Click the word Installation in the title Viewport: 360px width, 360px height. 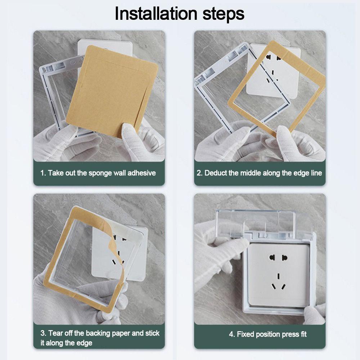click(156, 14)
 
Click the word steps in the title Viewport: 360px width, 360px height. click(224, 15)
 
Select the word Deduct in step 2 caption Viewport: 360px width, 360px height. click(215, 173)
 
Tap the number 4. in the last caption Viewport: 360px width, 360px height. click(232, 334)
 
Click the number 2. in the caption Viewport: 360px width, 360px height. click(199, 173)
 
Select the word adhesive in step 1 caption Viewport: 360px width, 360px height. click(141, 173)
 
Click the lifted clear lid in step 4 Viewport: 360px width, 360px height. click(255, 222)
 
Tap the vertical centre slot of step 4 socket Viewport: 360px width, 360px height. click(278, 276)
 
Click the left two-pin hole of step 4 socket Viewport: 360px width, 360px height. click(272, 257)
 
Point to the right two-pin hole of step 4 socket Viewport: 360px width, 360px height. click(285, 257)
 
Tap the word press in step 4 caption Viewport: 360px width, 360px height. click(285, 335)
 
